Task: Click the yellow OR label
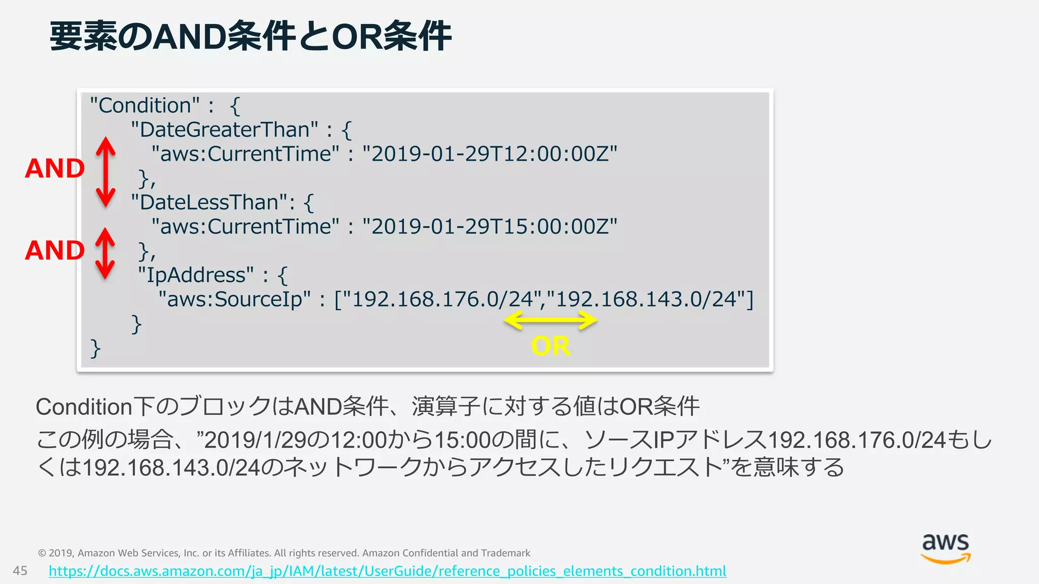pos(550,346)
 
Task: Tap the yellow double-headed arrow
pos(550,320)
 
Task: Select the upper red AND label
pos(55,168)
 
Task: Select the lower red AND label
pos(55,250)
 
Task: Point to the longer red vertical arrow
pos(106,172)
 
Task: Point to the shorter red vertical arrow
pos(105,253)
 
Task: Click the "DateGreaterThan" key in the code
pos(224,130)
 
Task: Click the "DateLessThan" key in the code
pos(209,202)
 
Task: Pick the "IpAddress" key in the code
pos(196,275)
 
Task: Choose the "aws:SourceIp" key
pos(234,300)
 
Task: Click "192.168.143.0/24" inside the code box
pos(645,300)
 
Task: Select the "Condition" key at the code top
pos(145,105)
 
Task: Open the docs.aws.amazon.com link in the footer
pos(387,571)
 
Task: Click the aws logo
pos(946,549)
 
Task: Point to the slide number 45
pos(20,571)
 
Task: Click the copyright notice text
pos(284,553)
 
